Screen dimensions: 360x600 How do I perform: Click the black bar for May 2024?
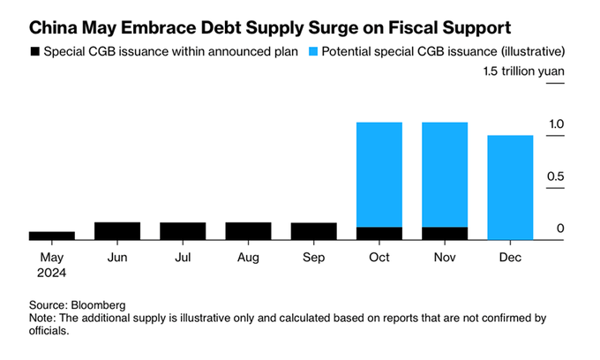[51, 236]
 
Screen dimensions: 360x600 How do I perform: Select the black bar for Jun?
[117, 231]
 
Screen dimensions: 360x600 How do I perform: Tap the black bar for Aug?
[248, 231]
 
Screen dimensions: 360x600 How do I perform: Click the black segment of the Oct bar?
[379, 234]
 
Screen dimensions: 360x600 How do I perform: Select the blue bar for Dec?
[509, 187]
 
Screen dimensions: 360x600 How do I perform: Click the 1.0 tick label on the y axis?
[553, 125]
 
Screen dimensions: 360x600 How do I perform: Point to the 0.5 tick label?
[553, 177]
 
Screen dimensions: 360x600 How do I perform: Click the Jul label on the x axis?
[183, 257]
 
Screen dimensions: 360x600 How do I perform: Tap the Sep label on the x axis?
[313, 257]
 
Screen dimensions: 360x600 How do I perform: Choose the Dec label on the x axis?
[509, 257]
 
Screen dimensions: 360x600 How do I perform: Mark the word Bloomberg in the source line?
[101, 304]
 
